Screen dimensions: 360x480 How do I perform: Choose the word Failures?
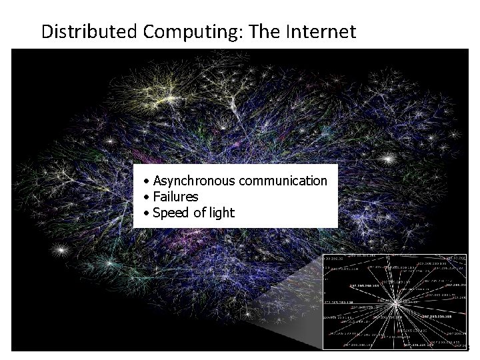coord(175,197)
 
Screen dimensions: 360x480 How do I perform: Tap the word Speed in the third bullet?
coord(170,213)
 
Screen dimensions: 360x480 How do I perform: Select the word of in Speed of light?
coord(199,213)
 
